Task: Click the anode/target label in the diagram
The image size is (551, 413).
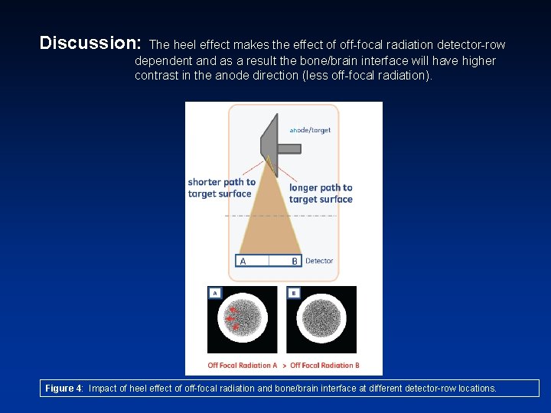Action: (x=310, y=130)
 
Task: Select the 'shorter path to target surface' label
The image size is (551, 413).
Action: (x=221, y=188)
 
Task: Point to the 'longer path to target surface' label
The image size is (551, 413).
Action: (x=321, y=193)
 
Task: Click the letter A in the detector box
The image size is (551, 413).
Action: (x=243, y=261)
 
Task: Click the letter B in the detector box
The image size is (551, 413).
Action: (x=295, y=261)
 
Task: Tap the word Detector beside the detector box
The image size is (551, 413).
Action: (x=319, y=261)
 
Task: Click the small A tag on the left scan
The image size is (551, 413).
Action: (x=215, y=293)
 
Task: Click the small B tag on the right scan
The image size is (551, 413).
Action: (x=294, y=293)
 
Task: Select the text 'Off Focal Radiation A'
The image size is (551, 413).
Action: (x=243, y=366)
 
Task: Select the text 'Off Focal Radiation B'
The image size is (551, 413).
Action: (x=324, y=366)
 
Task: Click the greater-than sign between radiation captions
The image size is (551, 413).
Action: (x=284, y=366)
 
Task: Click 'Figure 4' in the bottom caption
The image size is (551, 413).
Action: (x=64, y=389)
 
